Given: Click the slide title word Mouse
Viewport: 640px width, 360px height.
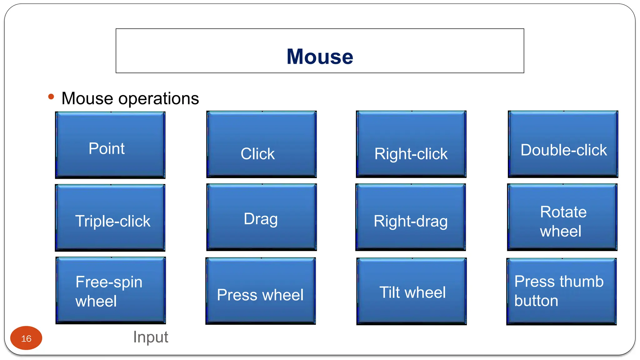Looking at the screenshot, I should click(x=320, y=57).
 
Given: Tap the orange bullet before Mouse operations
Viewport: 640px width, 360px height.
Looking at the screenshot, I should click(x=51, y=97).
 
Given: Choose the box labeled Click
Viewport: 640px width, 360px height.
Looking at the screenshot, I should click(x=262, y=145).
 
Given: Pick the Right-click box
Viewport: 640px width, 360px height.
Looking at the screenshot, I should click(x=411, y=145).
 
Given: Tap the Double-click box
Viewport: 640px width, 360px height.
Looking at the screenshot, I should click(x=563, y=145).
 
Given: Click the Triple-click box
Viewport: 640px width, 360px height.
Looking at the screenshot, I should click(x=110, y=218).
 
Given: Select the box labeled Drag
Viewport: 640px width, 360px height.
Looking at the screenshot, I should click(x=262, y=217).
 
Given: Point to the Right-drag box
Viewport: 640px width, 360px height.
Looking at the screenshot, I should click(x=411, y=217).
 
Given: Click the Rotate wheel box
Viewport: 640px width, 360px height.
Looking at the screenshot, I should click(x=562, y=217).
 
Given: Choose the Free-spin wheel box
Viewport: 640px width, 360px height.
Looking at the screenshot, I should click(x=111, y=291).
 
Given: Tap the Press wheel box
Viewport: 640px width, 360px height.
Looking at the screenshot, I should click(x=261, y=291).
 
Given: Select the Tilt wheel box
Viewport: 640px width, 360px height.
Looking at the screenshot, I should click(x=412, y=292).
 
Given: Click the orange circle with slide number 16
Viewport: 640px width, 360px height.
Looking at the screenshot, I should click(x=26, y=338).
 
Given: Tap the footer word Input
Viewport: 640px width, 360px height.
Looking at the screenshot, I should click(x=151, y=337).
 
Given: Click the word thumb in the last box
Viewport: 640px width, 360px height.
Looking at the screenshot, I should click(x=582, y=281).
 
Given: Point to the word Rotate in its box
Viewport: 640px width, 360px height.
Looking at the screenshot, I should click(x=563, y=212).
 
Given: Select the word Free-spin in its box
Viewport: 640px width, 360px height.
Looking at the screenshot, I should click(x=109, y=282).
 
